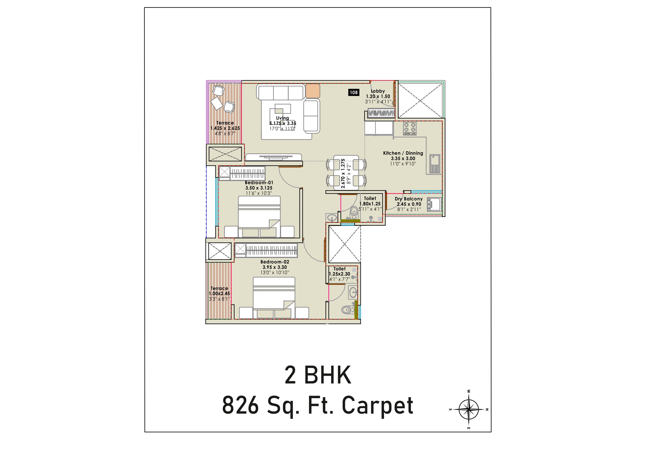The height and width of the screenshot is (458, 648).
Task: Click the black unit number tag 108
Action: [354, 92]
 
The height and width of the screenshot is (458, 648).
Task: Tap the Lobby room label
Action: [378, 91]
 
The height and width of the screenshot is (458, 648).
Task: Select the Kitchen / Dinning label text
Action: [403, 153]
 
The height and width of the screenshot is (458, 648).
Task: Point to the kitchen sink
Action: [435, 164]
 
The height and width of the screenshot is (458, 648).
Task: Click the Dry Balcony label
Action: [409, 199]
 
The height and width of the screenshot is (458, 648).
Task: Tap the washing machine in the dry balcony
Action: [434, 204]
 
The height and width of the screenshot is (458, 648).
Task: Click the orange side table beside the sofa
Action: [313, 91]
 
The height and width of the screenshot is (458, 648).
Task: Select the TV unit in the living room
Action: [273, 157]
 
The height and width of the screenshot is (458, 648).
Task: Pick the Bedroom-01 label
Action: [259, 183]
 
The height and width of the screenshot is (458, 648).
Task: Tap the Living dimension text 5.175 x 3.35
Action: [283, 123]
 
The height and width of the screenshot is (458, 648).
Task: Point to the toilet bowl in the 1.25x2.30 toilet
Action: [347, 310]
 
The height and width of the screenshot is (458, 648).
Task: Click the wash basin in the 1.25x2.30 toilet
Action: [353, 292]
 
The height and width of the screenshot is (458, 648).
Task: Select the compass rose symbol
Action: [469, 409]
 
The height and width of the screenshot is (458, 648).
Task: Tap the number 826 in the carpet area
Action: [240, 405]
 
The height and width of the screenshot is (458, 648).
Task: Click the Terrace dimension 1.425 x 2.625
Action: [225, 128]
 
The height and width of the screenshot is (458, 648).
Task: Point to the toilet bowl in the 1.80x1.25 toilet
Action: [354, 212]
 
